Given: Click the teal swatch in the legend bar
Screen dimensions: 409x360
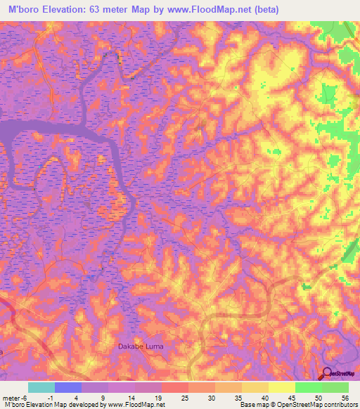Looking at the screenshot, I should coord(41,388).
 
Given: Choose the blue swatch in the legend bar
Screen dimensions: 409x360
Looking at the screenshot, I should coord(68,388).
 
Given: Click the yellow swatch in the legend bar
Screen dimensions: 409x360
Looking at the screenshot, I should coord(282,388).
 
